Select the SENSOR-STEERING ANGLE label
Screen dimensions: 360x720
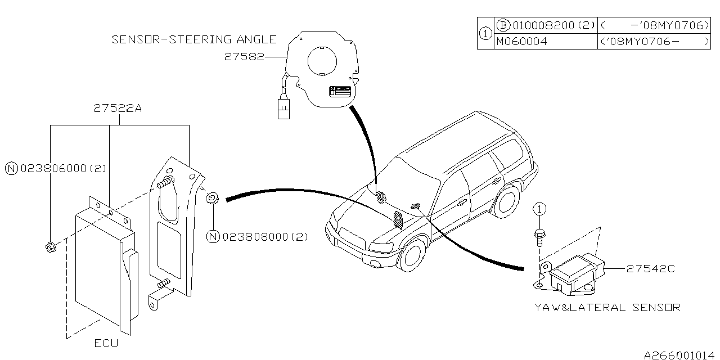click(x=194, y=39)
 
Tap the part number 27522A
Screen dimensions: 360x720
click(x=118, y=110)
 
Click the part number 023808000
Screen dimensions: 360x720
click(x=264, y=237)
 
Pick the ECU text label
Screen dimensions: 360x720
click(x=106, y=343)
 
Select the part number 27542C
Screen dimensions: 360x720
click(x=650, y=269)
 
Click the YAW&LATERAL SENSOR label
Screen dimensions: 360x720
click(x=607, y=307)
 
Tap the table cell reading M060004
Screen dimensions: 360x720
click(x=521, y=41)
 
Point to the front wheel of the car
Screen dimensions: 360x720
click(x=415, y=255)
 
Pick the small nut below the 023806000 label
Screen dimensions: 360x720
click(x=50, y=246)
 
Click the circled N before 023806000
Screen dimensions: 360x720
click(x=11, y=168)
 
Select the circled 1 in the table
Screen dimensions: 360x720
click(x=485, y=34)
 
